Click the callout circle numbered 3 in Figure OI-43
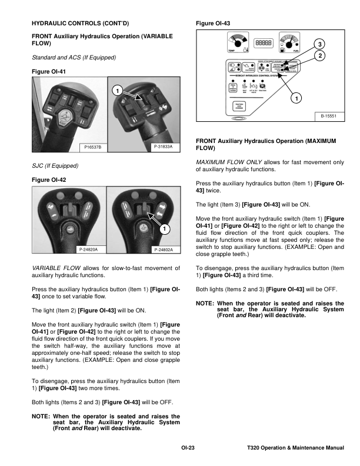tap(319, 45)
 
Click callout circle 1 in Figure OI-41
tap(117, 91)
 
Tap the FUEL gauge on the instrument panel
tap(288, 44)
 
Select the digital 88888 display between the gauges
tap(263, 44)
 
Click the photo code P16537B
tap(92, 146)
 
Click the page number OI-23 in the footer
tap(188, 449)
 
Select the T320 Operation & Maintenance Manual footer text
tap(296, 449)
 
